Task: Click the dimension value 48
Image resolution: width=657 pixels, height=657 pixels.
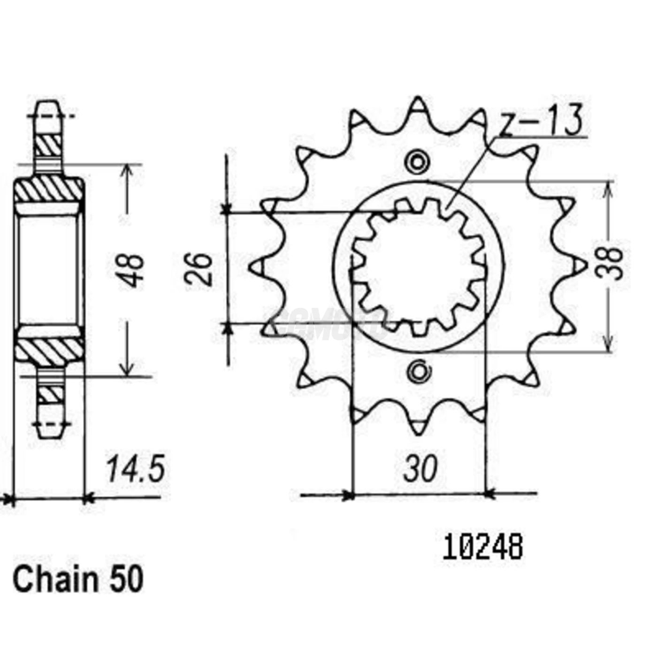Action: click(131, 271)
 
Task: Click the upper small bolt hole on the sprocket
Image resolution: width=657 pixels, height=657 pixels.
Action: click(417, 162)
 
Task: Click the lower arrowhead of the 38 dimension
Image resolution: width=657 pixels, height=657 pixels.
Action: click(609, 345)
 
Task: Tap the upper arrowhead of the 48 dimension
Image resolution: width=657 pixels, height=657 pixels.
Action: click(126, 169)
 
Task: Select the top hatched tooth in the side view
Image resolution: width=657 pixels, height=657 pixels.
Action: click(48, 145)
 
